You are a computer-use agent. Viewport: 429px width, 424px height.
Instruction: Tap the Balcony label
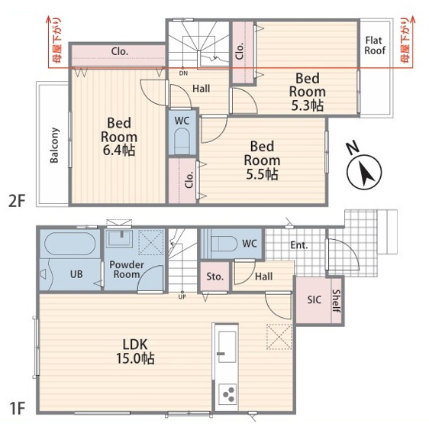tap(54, 145)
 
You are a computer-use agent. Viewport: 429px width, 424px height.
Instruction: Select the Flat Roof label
tap(374, 46)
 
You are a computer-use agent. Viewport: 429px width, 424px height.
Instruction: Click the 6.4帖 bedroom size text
tap(119, 150)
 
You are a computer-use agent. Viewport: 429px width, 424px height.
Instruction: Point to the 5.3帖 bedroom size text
tap(308, 105)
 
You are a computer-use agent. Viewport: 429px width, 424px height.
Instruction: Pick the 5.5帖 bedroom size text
tap(262, 173)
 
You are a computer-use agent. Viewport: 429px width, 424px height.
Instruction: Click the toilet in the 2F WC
tap(182, 141)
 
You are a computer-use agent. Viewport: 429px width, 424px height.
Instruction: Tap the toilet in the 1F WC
tap(221, 244)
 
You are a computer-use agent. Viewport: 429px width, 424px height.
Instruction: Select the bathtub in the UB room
tap(70, 244)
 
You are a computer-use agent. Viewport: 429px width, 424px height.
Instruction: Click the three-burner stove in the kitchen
tap(227, 394)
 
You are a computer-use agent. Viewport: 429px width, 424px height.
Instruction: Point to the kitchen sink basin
tap(227, 347)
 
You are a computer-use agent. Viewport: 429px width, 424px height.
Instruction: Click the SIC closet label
tap(314, 299)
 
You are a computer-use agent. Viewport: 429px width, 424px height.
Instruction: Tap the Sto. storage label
tap(214, 277)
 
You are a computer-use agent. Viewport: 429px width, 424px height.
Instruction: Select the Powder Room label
tap(127, 270)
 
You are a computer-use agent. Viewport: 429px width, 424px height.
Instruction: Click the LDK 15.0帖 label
tap(135, 351)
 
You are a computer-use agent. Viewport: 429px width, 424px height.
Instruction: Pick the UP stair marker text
tap(182, 296)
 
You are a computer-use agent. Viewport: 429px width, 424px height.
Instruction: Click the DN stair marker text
tap(183, 73)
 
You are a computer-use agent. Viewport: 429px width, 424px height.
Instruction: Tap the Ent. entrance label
tap(299, 245)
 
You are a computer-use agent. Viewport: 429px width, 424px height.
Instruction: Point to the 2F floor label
tap(17, 202)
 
